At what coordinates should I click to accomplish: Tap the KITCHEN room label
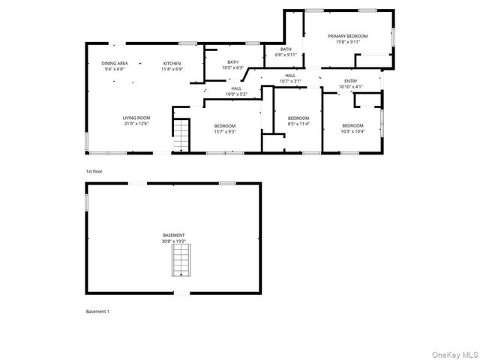tap(172, 63)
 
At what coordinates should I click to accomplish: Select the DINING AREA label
tap(115, 63)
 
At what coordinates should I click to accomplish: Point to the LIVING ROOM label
tap(137, 118)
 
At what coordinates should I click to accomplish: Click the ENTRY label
tap(350, 81)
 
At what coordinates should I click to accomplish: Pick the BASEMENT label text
tap(174, 235)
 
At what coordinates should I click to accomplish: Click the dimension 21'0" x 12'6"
tap(137, 124)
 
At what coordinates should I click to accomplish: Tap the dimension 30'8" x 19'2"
tap(174, 241)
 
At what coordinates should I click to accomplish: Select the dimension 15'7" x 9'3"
tap(225, 131)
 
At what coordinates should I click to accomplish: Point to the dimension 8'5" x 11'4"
tap(298, 124)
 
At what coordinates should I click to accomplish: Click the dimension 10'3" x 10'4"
tap(352, 131)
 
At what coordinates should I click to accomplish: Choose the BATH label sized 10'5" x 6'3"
tap(233, 62)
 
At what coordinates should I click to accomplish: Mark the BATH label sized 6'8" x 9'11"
tap(286, 49)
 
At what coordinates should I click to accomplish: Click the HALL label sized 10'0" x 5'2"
tap(236, 88)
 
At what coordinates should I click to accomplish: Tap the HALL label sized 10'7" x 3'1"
tap(289, 75)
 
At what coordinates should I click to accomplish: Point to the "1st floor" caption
tap(93, 172)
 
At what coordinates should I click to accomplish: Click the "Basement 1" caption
tap(97, 310)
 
